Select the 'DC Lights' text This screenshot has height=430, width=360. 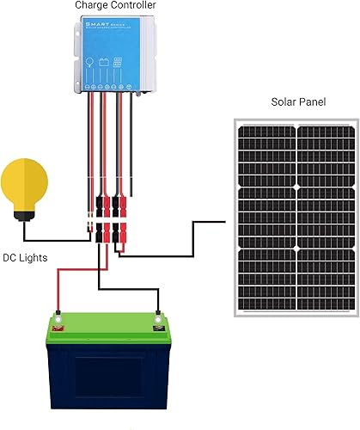(27, 257)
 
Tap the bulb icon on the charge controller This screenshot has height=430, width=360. (88, 62)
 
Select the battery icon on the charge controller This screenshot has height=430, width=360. (105, 62)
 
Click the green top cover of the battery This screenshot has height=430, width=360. (107, 335)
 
